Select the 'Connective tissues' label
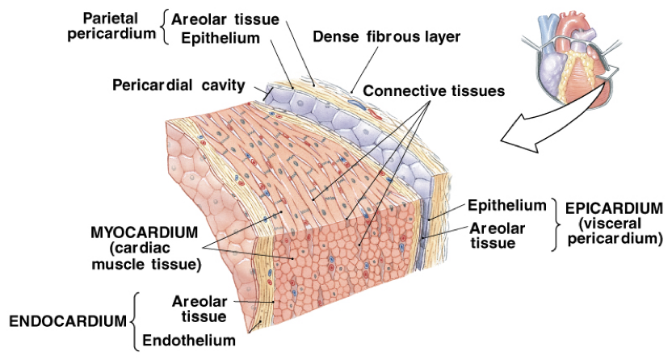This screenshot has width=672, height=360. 434,91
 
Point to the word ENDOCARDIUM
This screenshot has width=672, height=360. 67,321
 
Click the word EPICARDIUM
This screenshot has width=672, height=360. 615,207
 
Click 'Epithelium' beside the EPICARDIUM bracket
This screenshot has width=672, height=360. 507,206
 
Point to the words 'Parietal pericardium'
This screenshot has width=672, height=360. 119,27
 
